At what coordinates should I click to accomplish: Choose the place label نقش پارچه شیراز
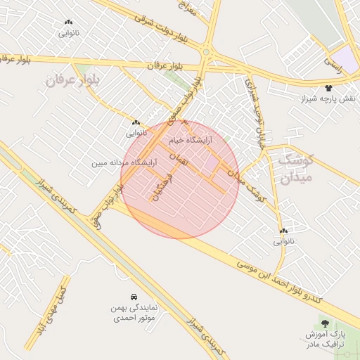[x=330, y=97]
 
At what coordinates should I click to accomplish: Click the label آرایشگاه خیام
[x=190, y=141]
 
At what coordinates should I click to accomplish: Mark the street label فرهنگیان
[x=161, y=184]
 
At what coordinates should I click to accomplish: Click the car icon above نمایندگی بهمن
[x=134, y=297]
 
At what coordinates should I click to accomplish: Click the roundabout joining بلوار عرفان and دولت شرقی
[x=207, y=51]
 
